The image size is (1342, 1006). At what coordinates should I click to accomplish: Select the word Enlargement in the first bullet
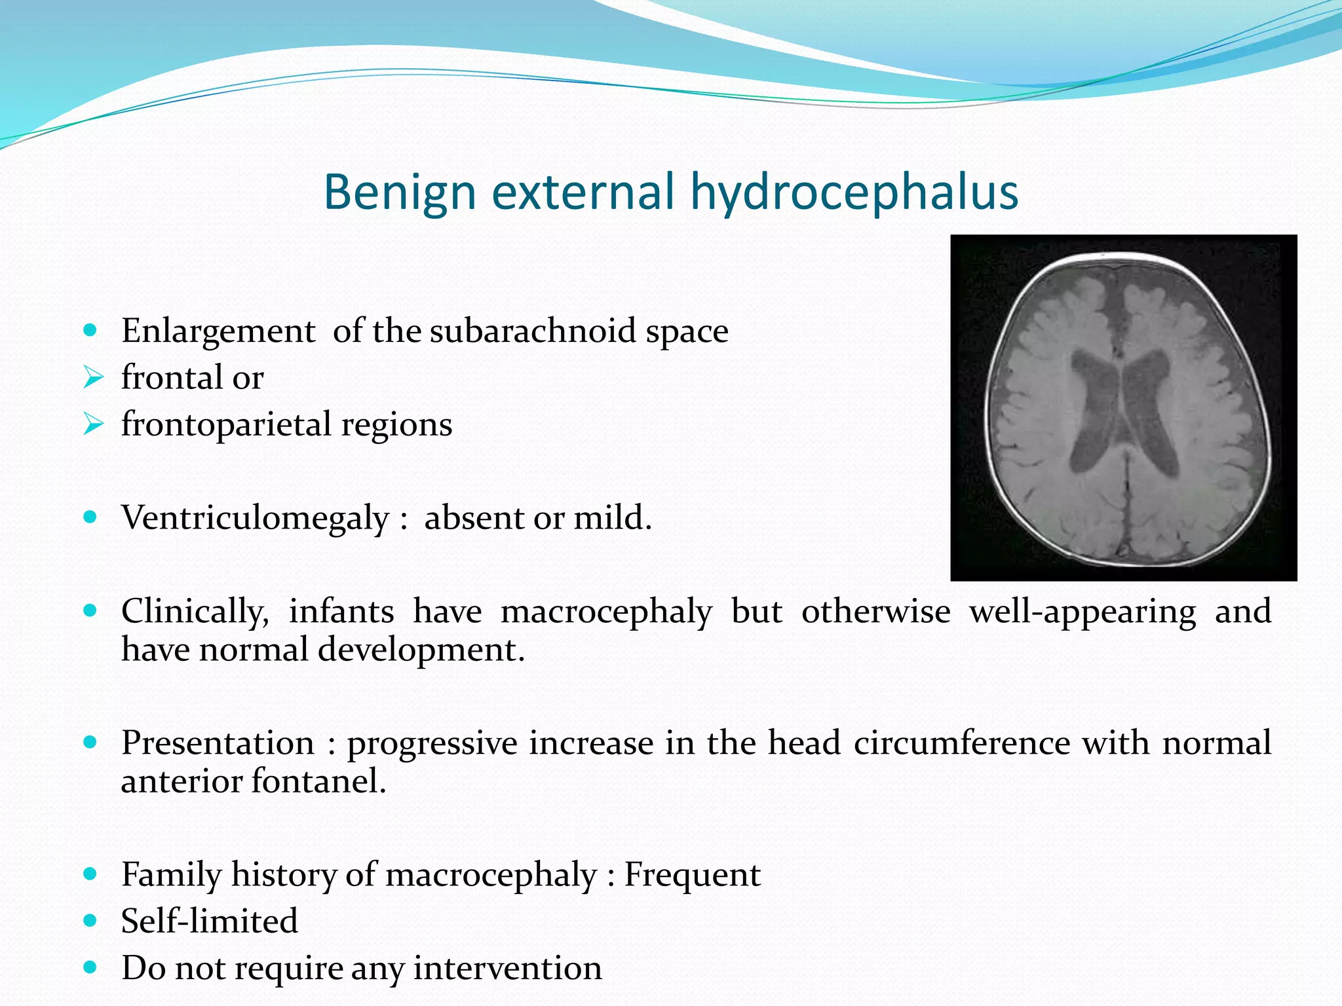pyautogui.click(x=218, y=331)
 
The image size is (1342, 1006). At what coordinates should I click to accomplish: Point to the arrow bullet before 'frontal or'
pyautogui.click(x=94, y=378)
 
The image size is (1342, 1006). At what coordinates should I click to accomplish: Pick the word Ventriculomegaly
pyautogui.click(x=255, y=518)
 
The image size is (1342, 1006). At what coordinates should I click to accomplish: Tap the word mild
pyautogui.click(x=613, y=518)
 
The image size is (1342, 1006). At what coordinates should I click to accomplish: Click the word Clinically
pyautogui.click(x=195, y=612)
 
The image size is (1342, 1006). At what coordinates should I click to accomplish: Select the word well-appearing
pyautogui.click(x=1083, y=612)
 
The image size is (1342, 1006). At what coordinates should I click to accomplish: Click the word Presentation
pyautogui.click(x=218, y=743)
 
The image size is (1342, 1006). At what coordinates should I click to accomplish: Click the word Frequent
pyautogui.click(x=692, y=875)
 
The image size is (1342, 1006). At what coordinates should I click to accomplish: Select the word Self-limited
pyautogui.click(x=210, y=922)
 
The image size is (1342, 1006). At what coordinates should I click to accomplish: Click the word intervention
pyautogui.click(x=507, y=968)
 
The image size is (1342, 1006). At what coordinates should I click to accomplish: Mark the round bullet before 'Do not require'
pyautogui.click(x=91, y=967)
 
